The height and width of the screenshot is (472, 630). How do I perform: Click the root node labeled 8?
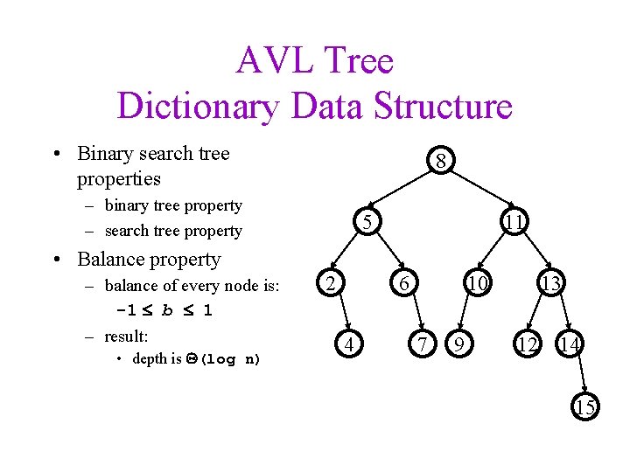tap(443, 162)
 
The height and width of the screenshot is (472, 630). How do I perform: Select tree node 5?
tap(369, 224)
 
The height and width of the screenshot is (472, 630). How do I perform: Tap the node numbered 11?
tap(514, 224)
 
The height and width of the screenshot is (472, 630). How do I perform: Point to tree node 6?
tap(403, 283)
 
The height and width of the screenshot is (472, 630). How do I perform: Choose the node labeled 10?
tap(477, 283)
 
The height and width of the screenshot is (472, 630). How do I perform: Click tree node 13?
tap(550, 283)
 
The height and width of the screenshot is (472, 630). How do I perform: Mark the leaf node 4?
tap(349, 346)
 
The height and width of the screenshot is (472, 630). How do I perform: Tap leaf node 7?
tap(423, 346)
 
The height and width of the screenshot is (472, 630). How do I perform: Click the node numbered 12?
tap(527, 346)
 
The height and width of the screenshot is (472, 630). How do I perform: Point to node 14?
tap(570, 346)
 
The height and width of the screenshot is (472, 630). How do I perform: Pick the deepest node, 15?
tap(584, 406)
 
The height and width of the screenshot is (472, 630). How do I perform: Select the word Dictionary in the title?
tap(197, 107)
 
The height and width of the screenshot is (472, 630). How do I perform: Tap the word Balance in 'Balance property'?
tap(111, 260)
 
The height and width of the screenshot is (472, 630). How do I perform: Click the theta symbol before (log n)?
tap(192, 359)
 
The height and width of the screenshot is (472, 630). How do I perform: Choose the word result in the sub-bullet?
tap(124, 337)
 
